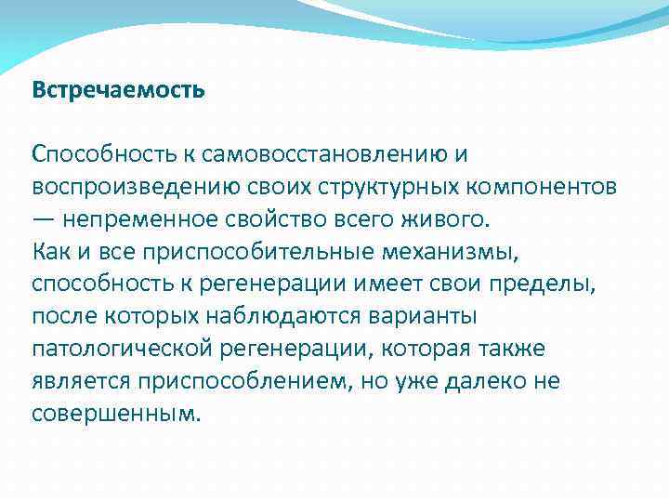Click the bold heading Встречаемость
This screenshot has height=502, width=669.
[118, 91]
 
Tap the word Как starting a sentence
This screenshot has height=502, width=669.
[49, 252]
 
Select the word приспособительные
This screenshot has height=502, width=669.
[251, 252]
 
